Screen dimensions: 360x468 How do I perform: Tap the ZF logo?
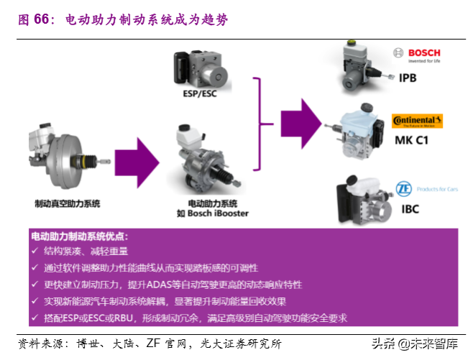pyautogui.click(x=405, y=190)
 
